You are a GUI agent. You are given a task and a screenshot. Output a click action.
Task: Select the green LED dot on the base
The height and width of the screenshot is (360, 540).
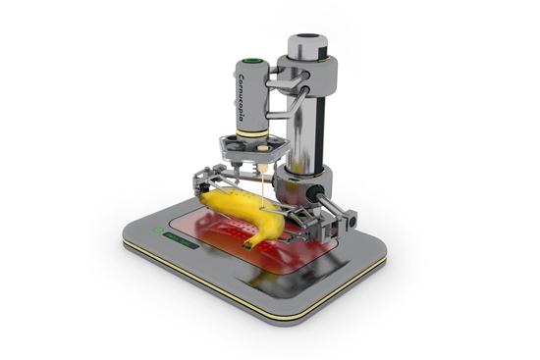[157, 232]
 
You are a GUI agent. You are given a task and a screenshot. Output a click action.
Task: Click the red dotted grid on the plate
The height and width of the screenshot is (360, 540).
[236, 232]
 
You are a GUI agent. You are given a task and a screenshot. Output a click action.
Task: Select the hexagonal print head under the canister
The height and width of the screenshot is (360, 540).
[253, 150]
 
